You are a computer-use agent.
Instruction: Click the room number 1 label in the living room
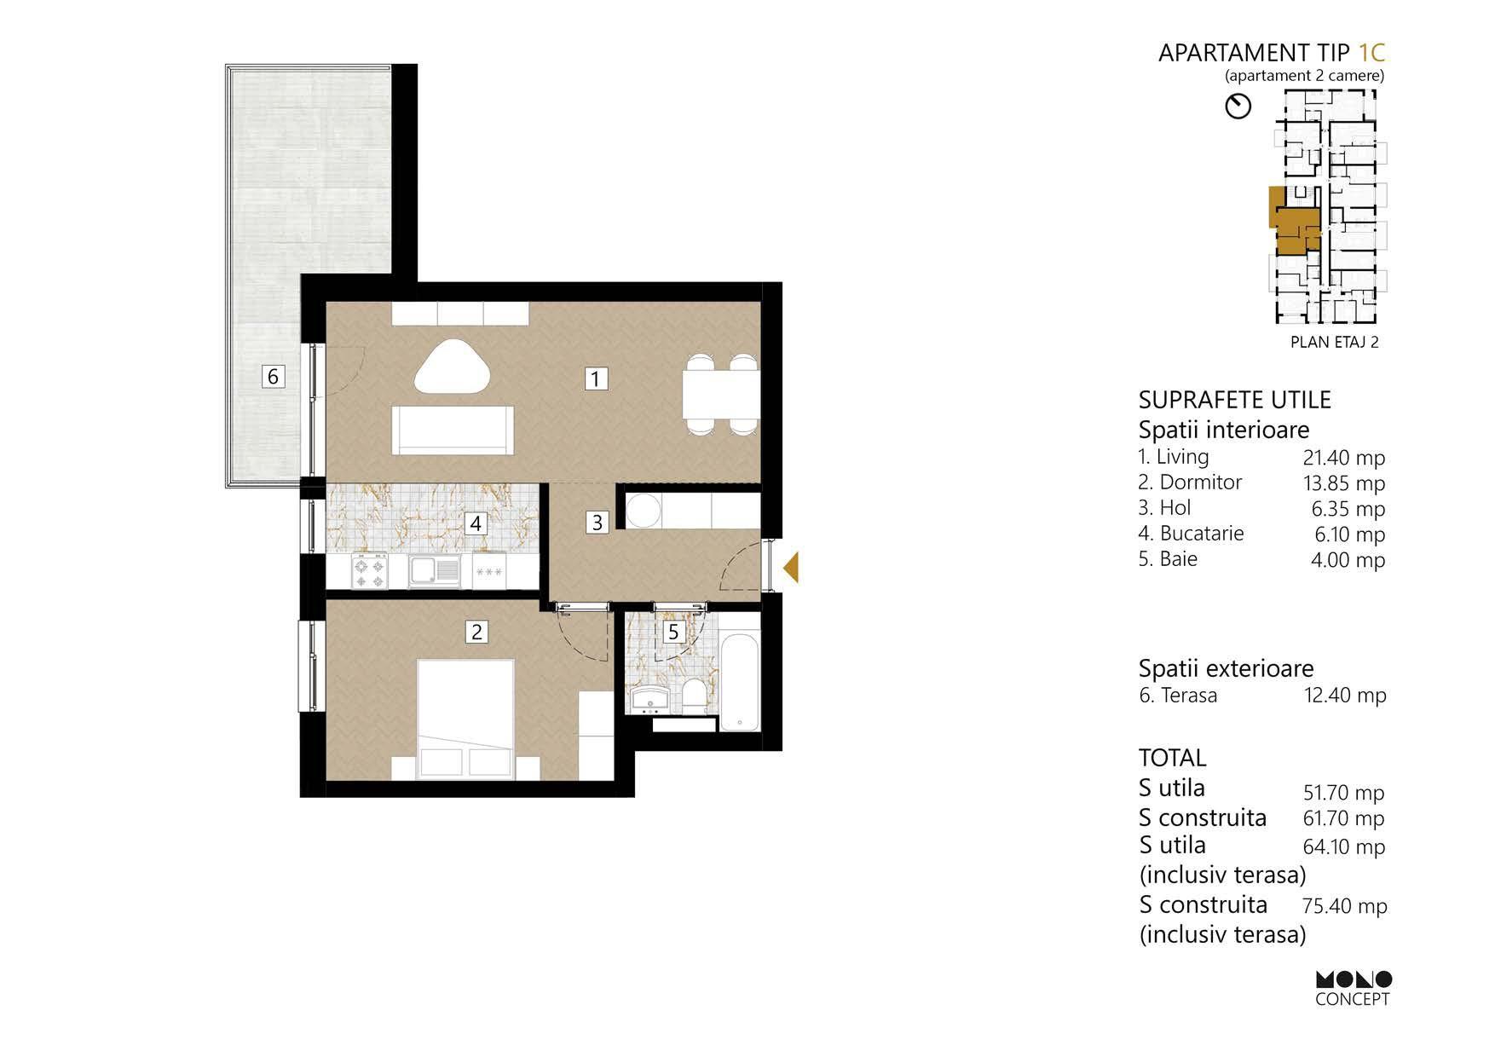pos(596,378)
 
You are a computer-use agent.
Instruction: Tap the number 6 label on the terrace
pos(273,376)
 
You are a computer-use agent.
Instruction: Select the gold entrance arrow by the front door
pos(791,567)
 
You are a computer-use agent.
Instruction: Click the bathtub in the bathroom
pos(739,680)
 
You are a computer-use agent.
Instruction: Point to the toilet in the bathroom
pos(694,695)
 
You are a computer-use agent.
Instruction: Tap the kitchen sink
pos(433,571)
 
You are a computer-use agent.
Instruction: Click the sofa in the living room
pos(453,430)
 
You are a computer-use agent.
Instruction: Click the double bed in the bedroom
pos(465,719)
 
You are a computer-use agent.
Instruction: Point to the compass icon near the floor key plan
pos(1238,107)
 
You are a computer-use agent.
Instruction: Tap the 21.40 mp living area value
pos(1344,458)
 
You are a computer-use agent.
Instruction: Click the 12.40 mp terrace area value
pos(1345,695)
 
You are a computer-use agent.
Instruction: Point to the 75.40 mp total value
pos(1345,905)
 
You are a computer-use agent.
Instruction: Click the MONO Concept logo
pos(1354,989)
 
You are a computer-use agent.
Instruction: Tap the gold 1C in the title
pos(1372,53)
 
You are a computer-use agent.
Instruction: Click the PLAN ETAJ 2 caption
pos(1335,343)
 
